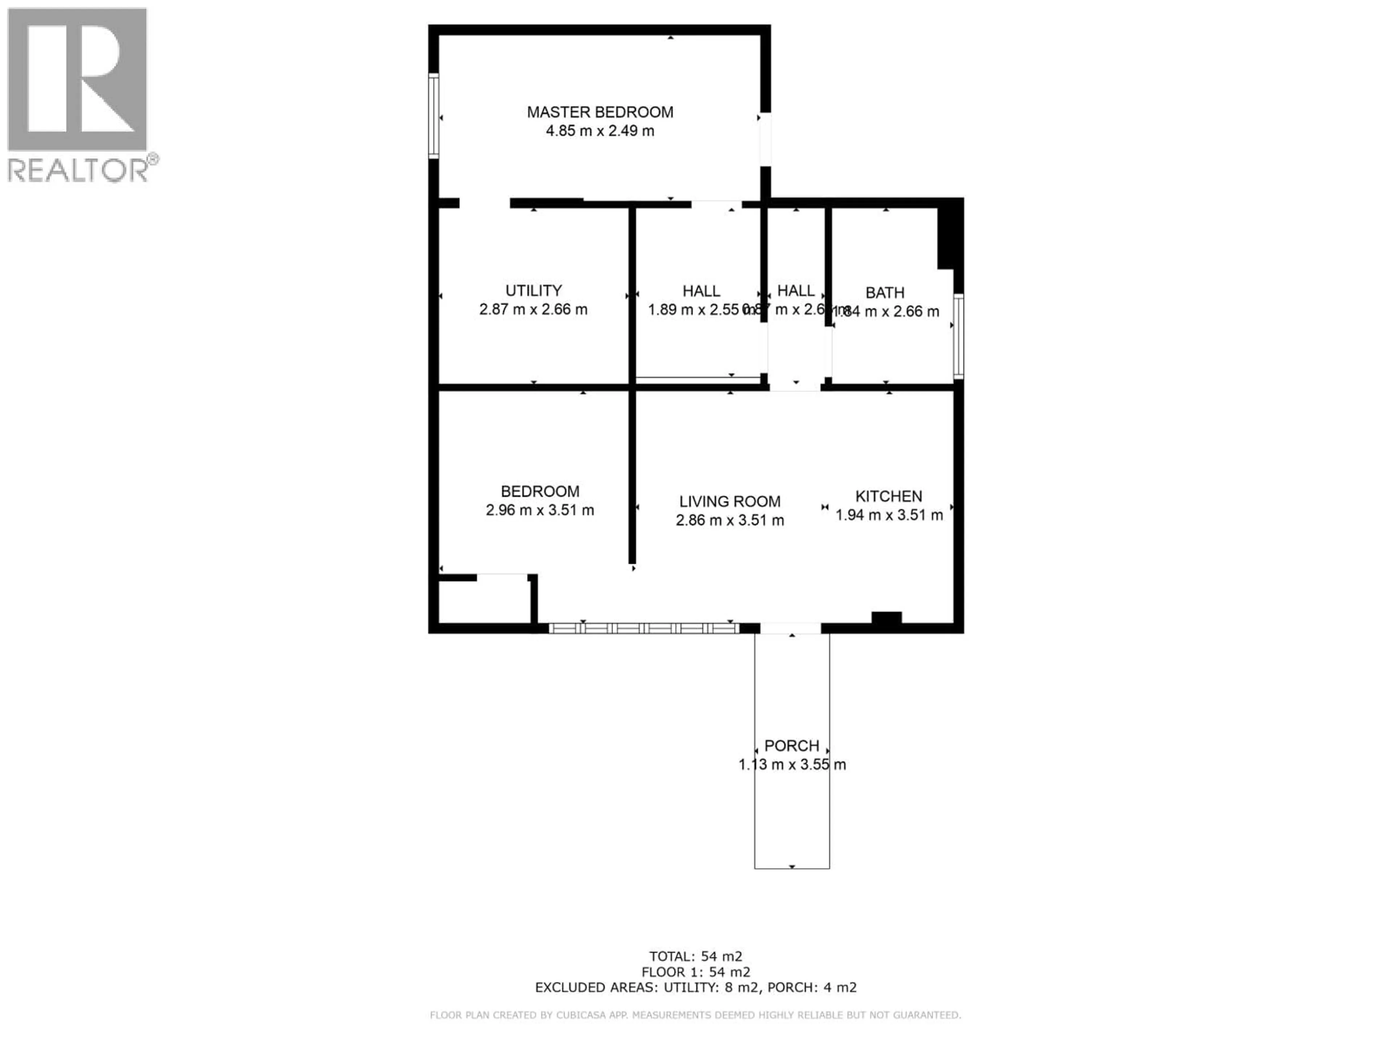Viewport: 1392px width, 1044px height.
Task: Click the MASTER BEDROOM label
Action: point(600,112)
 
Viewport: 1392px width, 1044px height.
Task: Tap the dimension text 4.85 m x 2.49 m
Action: point(600,131)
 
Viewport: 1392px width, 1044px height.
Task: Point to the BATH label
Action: point(885,293)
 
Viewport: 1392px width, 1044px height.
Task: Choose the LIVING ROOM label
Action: point(729,502)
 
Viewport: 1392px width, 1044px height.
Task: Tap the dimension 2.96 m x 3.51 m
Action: point(539,510)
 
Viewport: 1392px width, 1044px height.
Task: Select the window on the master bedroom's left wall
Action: point(434,116)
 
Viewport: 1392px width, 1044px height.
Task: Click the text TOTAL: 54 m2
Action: point(695,957)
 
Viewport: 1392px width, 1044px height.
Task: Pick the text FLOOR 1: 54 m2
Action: point(695,972)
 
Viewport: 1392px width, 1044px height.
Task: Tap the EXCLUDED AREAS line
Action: point(695,987)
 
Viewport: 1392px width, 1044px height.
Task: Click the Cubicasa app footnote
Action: point(695,1015)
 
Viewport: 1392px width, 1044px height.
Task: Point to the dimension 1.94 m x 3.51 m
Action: point(888,515)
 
